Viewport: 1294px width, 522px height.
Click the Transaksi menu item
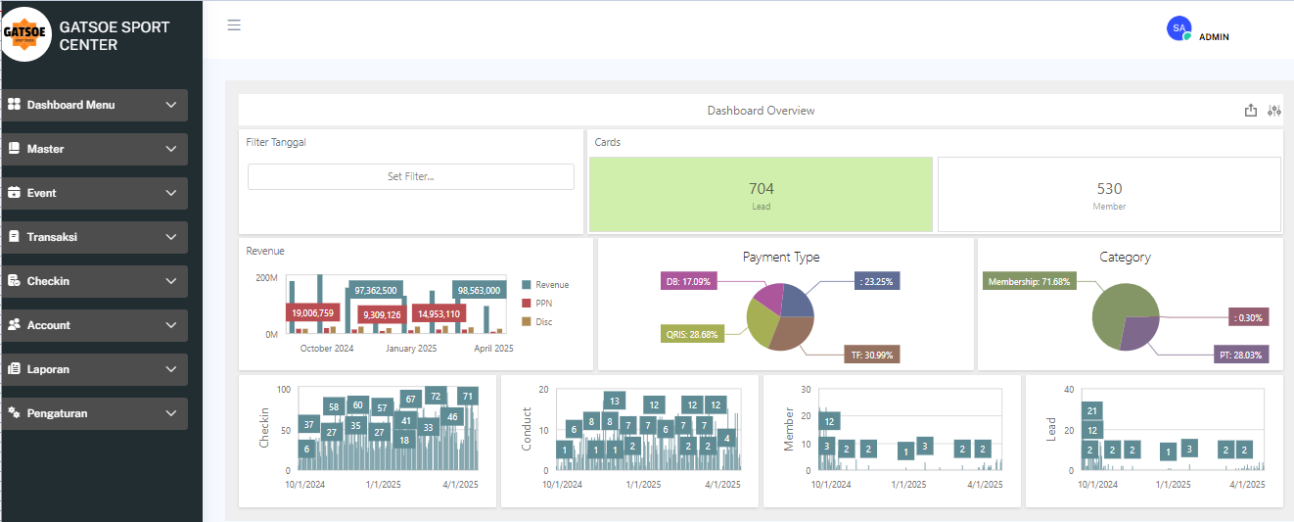tap(95, 237)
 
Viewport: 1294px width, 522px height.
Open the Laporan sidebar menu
tap(95, 369)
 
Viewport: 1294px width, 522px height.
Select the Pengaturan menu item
tap(95, 413)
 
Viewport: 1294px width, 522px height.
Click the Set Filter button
tap(411, 176)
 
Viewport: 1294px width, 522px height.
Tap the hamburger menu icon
tap(234, 24)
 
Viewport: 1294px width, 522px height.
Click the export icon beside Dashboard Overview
tap(1251, 111)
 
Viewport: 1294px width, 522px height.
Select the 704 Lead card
tap(761, 194)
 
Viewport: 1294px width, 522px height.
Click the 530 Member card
tap(1109, 194)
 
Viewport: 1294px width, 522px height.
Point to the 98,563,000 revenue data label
tap(479, 290)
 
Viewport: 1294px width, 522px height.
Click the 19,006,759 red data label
tap(312, 312)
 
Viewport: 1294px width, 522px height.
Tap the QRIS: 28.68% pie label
tap(692, 334)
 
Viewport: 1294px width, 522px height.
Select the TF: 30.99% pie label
tap(872, 355)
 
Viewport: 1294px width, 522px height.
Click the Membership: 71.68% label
tap(1030, 281)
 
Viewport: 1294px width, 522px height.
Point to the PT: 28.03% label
tap(1241, 355)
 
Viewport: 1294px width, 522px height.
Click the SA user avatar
tap(1179, 28)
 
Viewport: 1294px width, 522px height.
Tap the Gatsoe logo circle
tap(24, 34)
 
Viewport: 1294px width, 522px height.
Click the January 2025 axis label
tap(411, 348)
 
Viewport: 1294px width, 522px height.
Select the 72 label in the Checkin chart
tap(436, 396)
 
